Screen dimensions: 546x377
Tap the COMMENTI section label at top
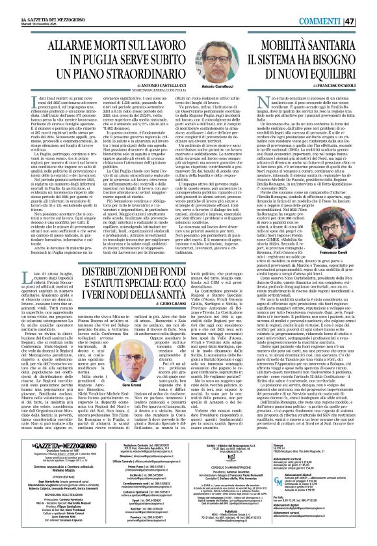(330, 6)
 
